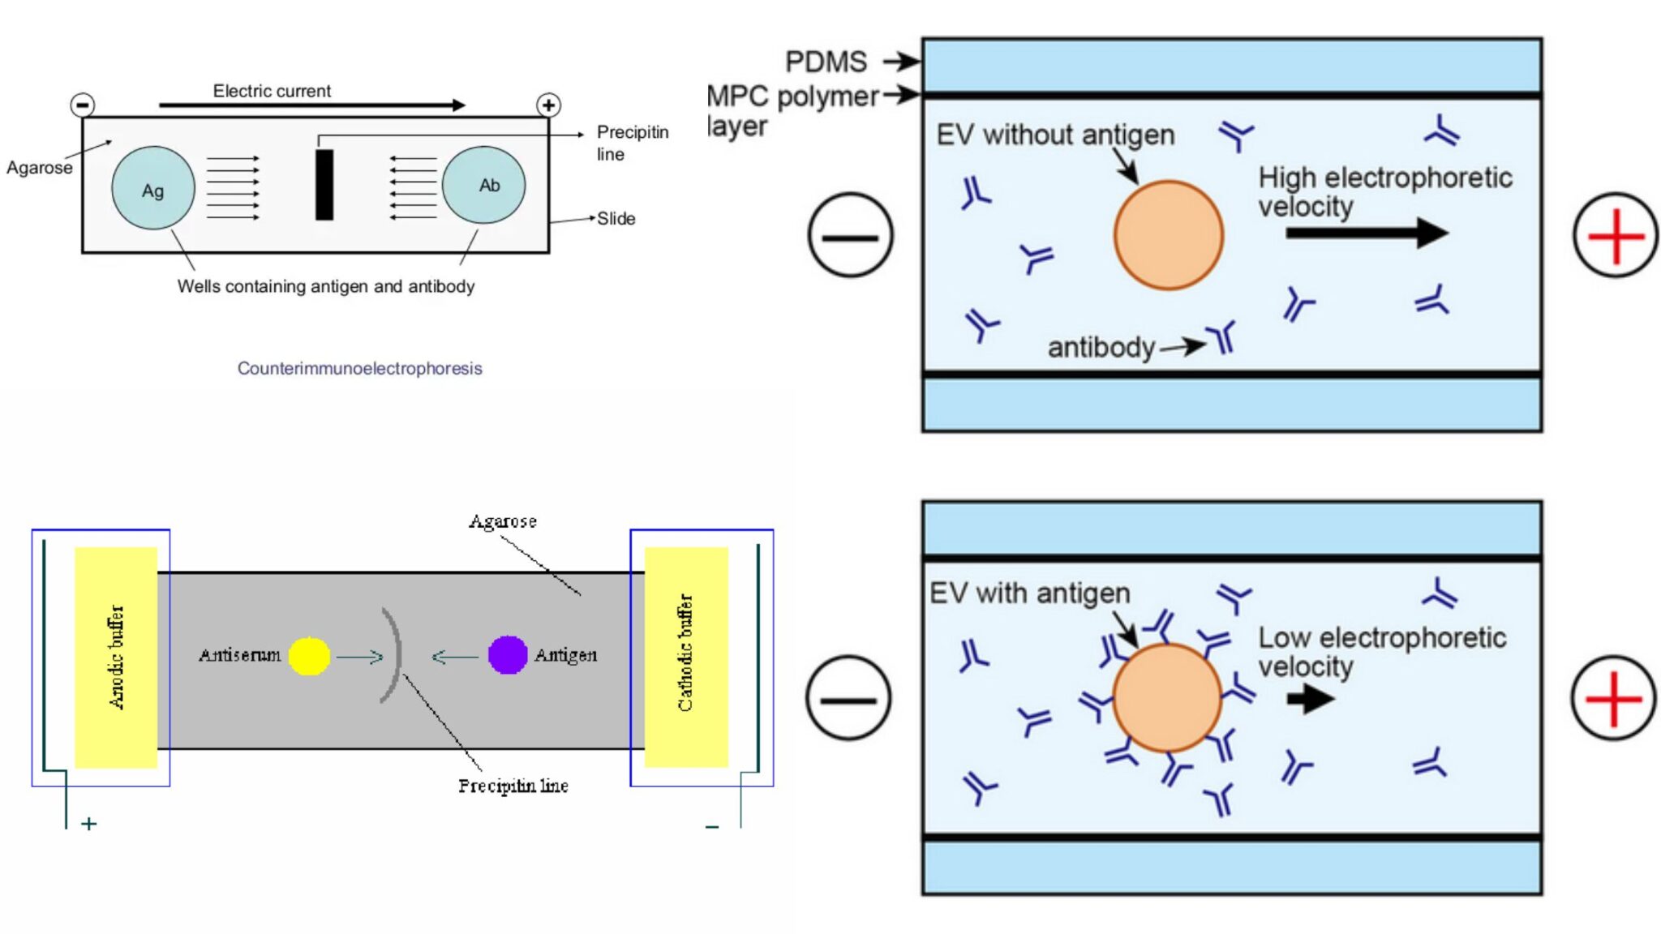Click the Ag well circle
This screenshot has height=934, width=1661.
pos(152,189)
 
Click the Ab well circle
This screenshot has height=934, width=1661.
pos(483,185)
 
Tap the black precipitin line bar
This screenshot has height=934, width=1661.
pos(324,185)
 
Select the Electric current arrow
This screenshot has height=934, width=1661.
pos(311,105)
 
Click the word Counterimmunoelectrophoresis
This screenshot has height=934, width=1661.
pos(359,368)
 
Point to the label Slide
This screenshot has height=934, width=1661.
pos(616,218)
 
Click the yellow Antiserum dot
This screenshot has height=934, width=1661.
pos(309,656)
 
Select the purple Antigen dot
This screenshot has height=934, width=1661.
pos(508,655)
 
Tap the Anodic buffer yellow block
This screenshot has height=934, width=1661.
pos(116,657)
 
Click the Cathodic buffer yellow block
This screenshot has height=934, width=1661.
pos(686,657)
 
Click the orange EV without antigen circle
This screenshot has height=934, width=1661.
pos(1168,235)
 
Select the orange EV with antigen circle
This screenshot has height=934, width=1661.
pos(1167,698)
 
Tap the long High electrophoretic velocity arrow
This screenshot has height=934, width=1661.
pos(1366,233)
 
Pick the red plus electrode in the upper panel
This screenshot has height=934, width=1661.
pos(1616,235)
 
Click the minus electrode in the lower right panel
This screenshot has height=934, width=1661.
pos(849,698)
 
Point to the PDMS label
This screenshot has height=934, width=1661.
pos(826,62)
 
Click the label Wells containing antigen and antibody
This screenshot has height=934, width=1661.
pos(326,286)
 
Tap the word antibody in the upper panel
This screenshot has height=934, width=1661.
pos(1101,347)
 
